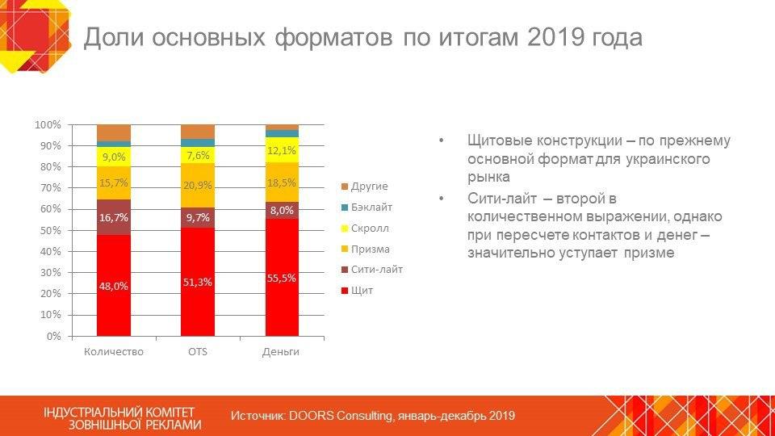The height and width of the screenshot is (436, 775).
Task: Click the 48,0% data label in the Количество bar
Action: pos(114,286)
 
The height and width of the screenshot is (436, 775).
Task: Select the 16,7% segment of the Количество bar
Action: pos(114,217)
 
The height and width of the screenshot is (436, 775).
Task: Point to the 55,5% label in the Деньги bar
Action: pos(282,278)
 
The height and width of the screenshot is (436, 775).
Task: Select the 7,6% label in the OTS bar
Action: pos(198,155)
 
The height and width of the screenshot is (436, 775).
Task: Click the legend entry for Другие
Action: pos(369,187)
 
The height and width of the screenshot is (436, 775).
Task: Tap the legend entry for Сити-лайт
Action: pos(376,270)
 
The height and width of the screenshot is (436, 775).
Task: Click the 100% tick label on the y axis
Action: pos(48,125)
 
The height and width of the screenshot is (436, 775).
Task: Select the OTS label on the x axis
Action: pos(198,352)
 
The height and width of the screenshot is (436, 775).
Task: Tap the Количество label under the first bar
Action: pos(114,352)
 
